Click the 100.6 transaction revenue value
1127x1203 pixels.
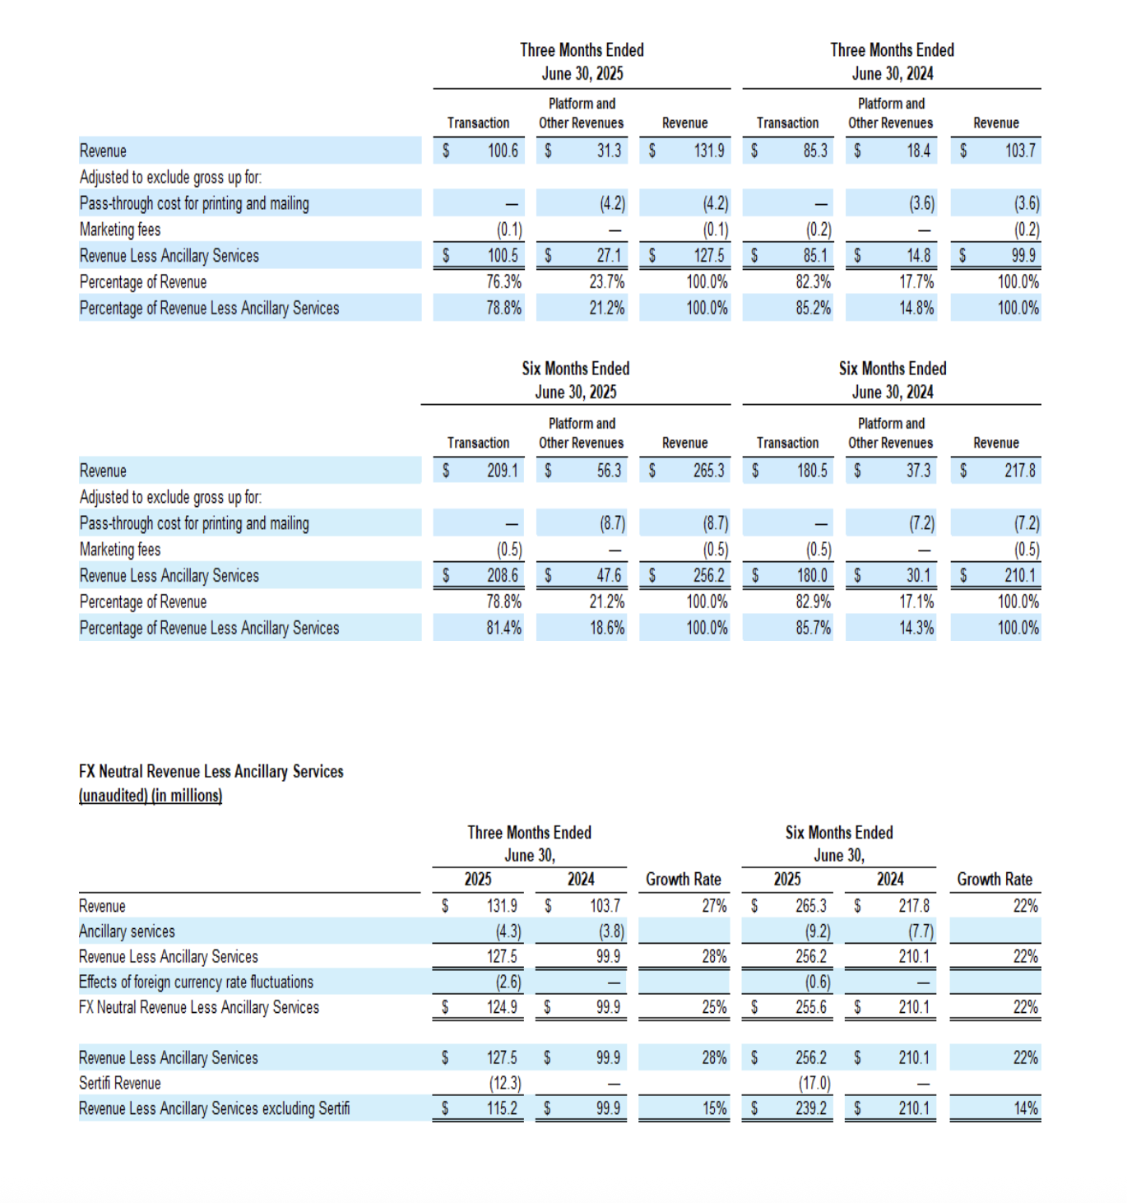tap(503, 151)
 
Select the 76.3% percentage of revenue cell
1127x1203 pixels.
tap(503, 282)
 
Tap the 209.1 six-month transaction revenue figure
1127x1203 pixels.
tap(503, 471)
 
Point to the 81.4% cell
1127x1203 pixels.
tap(503, 628)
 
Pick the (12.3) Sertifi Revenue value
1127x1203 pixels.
tap(505, 1083)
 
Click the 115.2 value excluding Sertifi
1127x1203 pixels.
tap(502, 1108)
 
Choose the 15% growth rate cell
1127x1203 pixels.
tap(714, 1108)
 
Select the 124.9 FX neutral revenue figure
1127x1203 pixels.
tap(502, 1007)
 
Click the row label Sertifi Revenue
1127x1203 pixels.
tap(120, 1083)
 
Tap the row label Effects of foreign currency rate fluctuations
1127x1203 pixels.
tap(196, 982)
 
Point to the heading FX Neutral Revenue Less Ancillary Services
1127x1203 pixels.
tap(211, 771)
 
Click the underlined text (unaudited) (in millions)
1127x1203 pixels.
tap(151, 796)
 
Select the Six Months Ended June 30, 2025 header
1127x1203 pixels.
tap(576, 380)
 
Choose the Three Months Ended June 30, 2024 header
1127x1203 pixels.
tap(893, 62)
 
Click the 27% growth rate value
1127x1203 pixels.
tap(714, 906)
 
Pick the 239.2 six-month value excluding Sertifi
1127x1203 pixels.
tap(811, 1108)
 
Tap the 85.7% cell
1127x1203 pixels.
tap(813, 628)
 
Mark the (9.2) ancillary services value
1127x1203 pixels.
tap(817, 931)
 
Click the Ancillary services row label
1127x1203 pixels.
tap(127, 931)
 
